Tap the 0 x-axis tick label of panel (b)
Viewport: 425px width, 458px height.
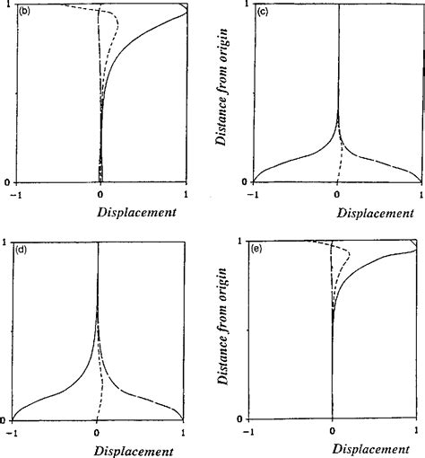[x=100, y=194]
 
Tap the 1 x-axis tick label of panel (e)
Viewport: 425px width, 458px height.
[x=418, y=431]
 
